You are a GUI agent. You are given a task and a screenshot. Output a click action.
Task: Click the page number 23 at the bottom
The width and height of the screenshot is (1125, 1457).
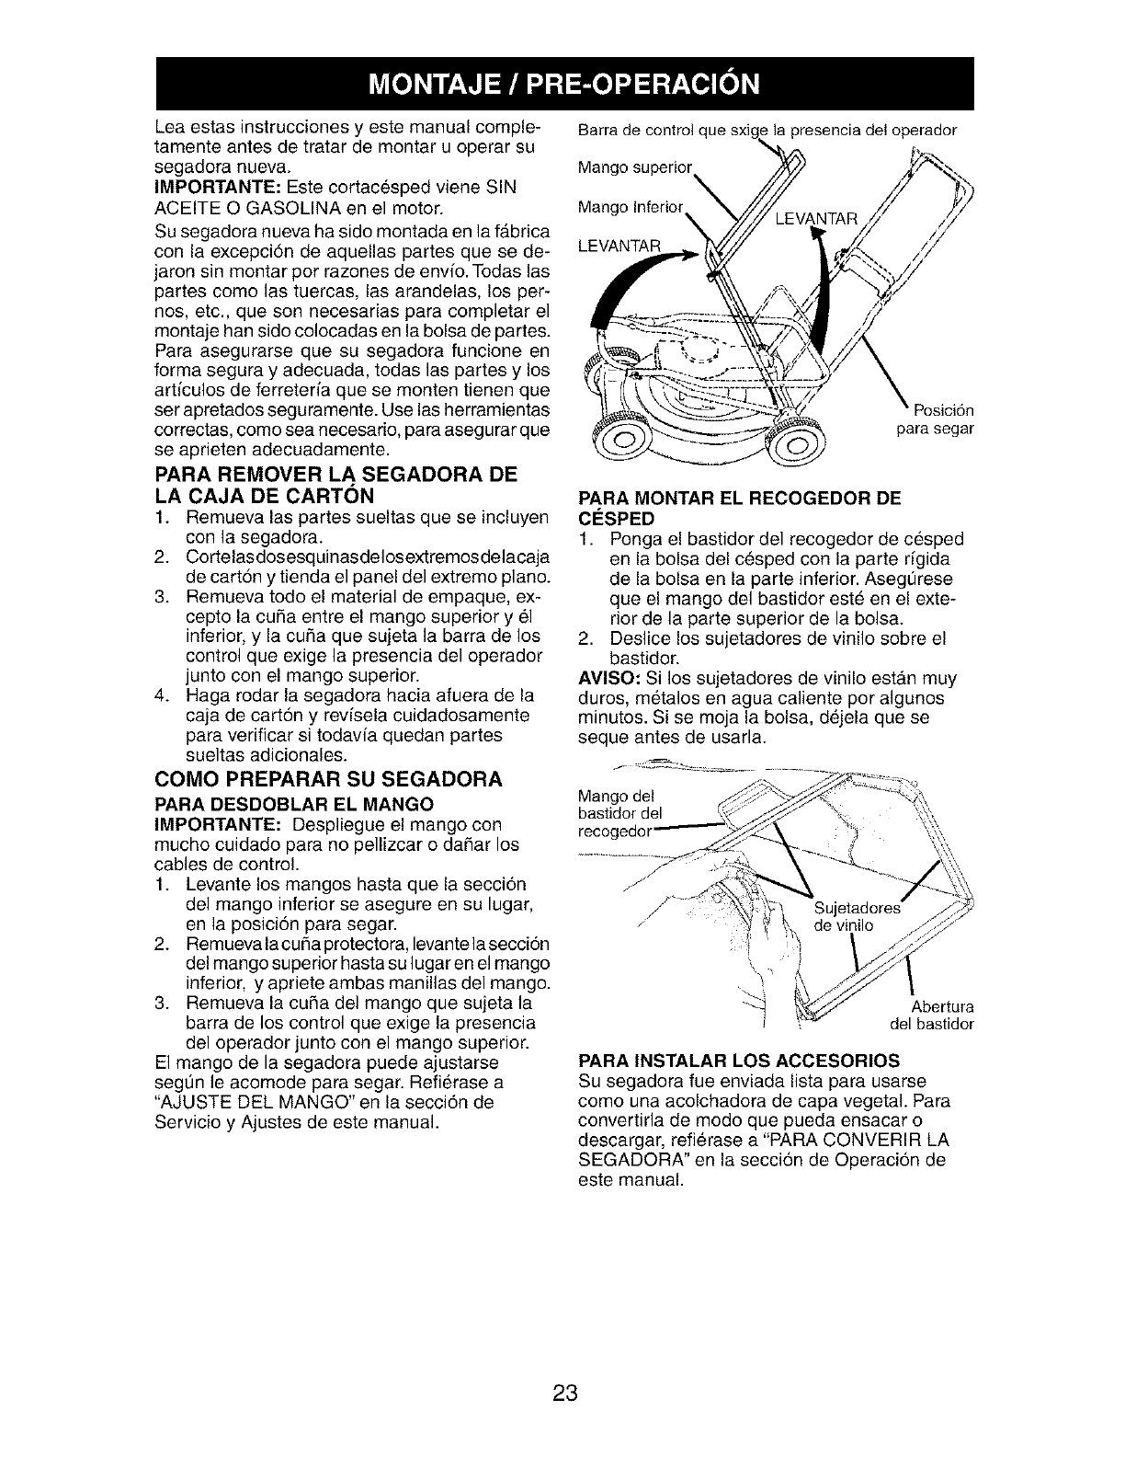coord(564,1393)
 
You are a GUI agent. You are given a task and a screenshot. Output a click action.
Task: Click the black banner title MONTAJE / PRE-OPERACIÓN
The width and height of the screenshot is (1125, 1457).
coord(562,83)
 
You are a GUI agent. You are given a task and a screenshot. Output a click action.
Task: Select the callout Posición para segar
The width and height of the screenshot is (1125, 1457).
coord(934,420)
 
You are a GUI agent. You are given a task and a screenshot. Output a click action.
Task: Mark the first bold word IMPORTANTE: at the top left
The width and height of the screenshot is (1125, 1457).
coord(203,187)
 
